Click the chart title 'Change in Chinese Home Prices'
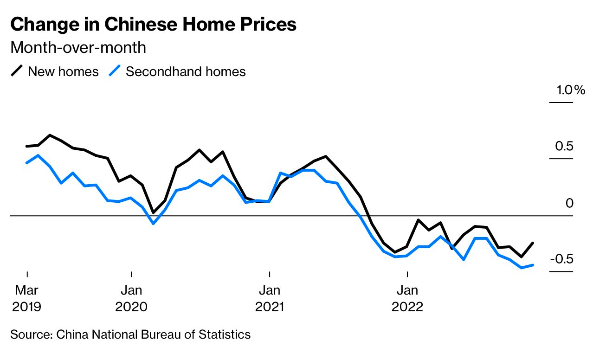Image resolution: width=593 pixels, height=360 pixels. (153, 25)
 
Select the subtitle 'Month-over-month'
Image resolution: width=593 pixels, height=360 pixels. (78, 47)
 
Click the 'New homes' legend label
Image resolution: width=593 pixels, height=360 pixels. (63, 71)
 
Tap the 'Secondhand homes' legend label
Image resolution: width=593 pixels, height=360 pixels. (186, 71)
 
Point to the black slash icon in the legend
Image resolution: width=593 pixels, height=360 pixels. (17, 71)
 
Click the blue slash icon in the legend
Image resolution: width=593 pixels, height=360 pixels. (115, 71)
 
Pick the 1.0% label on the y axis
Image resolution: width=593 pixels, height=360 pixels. (571, 90)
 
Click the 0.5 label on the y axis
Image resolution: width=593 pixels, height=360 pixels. (564, 147)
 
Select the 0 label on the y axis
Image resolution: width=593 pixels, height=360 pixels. (570, 203)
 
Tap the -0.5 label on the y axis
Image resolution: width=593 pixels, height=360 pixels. (561, 259)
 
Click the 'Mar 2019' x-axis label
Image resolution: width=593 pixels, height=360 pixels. (27, 298)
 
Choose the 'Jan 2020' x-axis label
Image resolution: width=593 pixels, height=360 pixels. (131, 298)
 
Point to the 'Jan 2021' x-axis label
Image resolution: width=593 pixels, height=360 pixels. (269, 298)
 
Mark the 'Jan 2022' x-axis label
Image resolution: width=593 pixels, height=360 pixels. (407, 298)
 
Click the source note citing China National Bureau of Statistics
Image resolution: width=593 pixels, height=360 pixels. (130, 334)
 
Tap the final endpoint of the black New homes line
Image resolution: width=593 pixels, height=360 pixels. (533, 243)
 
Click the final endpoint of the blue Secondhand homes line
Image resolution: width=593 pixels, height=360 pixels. (533, 265)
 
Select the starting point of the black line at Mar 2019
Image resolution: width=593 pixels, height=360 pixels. (27, 146)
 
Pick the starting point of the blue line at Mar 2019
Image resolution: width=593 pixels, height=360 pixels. (27, 163)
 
